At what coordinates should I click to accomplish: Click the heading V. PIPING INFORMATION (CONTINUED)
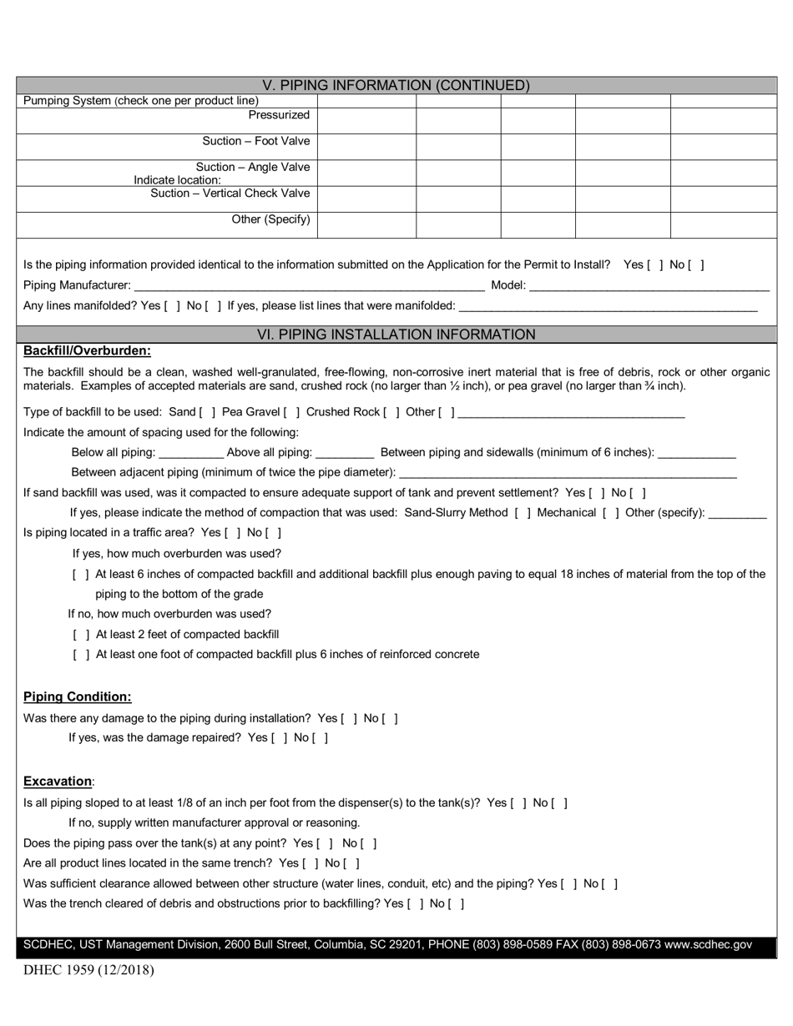[396, 85]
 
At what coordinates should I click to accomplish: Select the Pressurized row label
[279, 115]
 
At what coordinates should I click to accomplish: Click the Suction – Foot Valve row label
[255, 141]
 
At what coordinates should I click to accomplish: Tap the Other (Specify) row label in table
[270, 220]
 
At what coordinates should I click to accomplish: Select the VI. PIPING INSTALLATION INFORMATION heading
[396, 334]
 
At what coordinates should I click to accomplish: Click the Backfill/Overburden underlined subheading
[87, 351]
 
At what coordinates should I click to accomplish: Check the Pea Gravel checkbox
[292, 412]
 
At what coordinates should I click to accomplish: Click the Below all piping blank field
[190, 452]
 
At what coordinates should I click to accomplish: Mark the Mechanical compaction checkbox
[611, 513]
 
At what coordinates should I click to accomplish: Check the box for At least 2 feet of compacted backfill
[81, 635]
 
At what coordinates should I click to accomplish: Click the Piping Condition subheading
[77, 697]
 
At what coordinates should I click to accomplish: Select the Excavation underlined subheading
[57, 782]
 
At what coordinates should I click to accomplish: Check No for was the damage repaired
[321, 738]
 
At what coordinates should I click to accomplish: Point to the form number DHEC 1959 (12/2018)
[88, 970]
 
